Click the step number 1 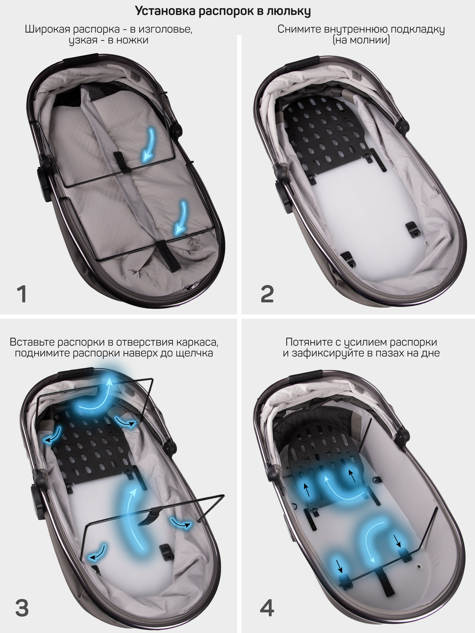22,294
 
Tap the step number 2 267,294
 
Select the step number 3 22,608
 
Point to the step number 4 267,608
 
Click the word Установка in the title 165,11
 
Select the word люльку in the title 288,11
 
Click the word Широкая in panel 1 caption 47,29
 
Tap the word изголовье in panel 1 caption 165,29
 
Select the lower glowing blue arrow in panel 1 181,218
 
